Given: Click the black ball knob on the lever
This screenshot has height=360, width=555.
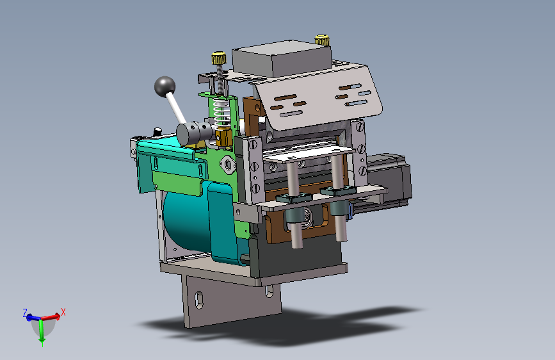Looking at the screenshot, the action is [165, 86].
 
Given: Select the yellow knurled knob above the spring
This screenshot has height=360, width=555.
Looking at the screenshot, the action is [219, 58].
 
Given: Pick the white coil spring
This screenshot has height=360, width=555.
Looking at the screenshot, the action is [221, 112].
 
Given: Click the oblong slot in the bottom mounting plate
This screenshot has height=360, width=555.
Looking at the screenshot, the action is [199, 300].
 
